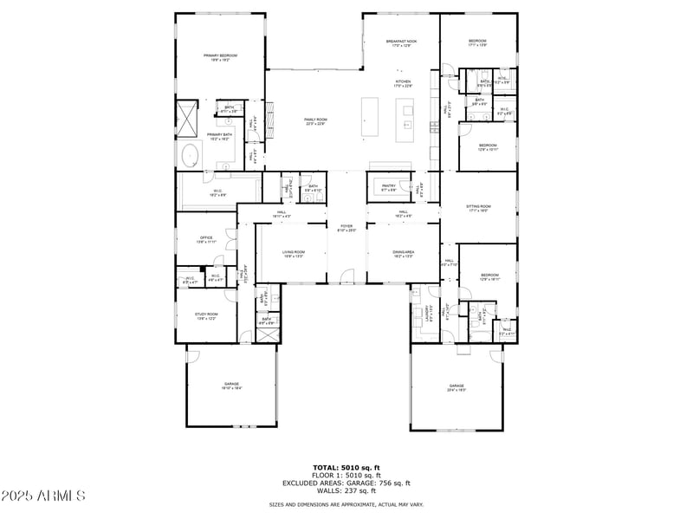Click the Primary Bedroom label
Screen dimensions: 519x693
click(220, 56)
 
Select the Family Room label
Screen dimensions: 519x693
click(314, 121)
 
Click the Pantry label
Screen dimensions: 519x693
click(389, 186)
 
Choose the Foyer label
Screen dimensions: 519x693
click(346, 229)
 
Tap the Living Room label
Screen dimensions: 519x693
click(293, 253)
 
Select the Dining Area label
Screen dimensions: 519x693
click(403, 253)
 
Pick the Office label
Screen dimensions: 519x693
click(206, 239)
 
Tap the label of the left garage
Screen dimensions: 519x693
click(230, 386)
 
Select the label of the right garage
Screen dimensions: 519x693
click(457, 387)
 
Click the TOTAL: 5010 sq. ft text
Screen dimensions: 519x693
click(346, 467)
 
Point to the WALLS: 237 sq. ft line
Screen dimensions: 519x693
click(346, 490)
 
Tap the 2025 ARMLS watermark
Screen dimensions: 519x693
click(43, 496)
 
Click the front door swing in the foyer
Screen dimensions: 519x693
click(346, 276)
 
